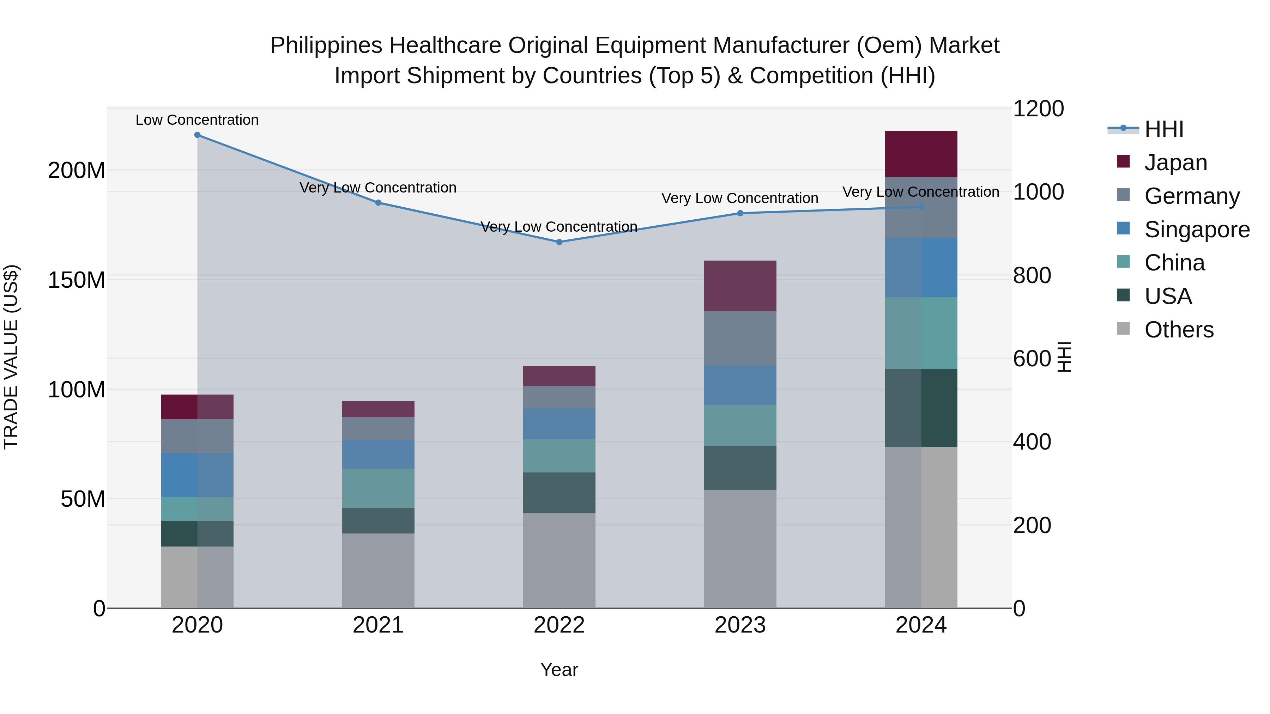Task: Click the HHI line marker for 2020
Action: [x=197, y=135]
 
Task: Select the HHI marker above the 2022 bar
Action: [x=559, y=242]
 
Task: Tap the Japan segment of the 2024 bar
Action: [x=921, y=154]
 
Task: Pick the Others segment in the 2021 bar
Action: [x=378, y=570]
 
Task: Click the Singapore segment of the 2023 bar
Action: [x=740, y=385]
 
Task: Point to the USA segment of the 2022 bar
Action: [x=559, y=493]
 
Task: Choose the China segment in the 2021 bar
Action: [x=378, y=488]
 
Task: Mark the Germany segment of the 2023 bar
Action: [x=740, y=338]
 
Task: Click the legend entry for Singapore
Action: [x=1197, y=230]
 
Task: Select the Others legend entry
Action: [x=1179, y=330]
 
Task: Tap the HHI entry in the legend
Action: [x=1163, y=129]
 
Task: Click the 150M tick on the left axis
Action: [x=77, y=280]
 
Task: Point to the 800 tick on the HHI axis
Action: [x=1032, y=275]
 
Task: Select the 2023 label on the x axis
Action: [x=740, y=625]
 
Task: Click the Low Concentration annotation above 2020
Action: [x=197, y=120]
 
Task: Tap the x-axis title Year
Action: [x=559, y=670]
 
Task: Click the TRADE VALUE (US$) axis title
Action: [x=11, y=357]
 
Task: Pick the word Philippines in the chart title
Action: [x=326, y=45]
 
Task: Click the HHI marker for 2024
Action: [x=921, y=207]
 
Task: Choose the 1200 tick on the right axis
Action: [x=1038, y=109]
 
